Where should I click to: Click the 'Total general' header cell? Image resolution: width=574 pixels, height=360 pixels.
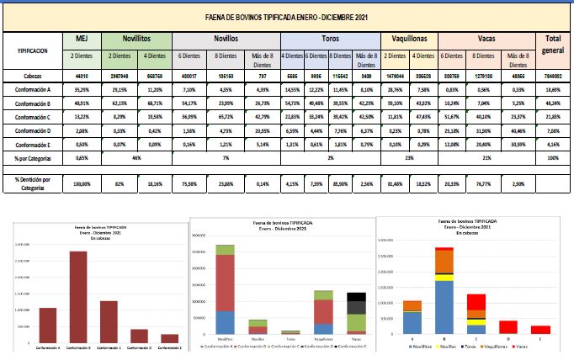click(553, 44)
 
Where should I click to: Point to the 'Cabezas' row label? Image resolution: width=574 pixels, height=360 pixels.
click(32, 76)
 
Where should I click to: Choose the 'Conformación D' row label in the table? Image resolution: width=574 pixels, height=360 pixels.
click(32, 130)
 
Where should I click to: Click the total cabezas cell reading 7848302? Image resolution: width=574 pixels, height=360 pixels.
click(553, 76)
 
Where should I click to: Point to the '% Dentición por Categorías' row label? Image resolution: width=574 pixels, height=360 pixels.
click(32, 182)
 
